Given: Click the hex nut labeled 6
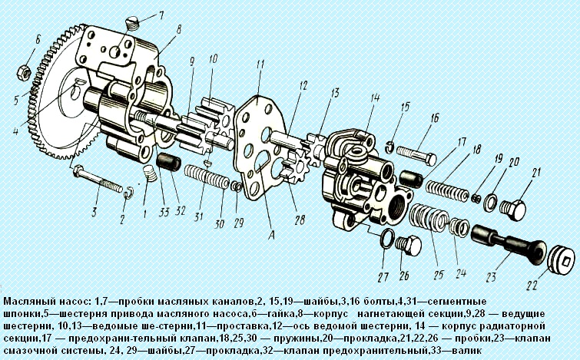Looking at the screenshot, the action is click(24, 71).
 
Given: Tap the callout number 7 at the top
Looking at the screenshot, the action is click(161, 15).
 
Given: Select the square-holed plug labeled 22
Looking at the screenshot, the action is click(561, 259).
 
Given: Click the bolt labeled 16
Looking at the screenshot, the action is click(416, 156).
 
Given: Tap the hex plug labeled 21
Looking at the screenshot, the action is click(512, 210).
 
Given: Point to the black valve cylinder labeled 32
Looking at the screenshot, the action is click(168, 163).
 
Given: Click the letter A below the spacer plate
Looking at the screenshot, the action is click(271, 236).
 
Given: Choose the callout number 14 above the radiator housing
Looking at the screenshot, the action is click(375, 98).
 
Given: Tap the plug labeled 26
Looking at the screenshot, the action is click(408, 246).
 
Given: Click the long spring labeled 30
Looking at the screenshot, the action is click(207, 177).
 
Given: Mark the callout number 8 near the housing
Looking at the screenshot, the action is click(179, 30).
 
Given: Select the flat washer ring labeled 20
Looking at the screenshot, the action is click(491, 202).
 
